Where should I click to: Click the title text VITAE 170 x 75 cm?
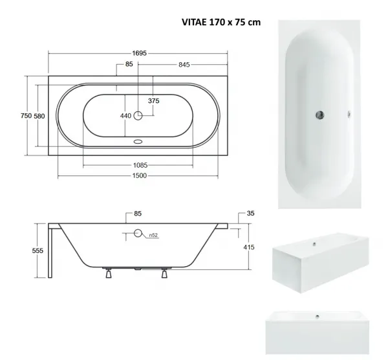click(221, 22)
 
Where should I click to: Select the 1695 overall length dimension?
click(139, 53)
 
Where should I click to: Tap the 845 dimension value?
click(184, 65)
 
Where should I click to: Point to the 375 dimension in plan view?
click(154, 101)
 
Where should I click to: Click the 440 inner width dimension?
click(125, 116)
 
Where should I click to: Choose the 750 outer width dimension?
click(27, 116)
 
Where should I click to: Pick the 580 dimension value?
click(39, 116)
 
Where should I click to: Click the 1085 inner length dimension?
click(140, 165)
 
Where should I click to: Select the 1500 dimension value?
click(139, 175)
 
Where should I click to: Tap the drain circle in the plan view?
click(138, 115)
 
